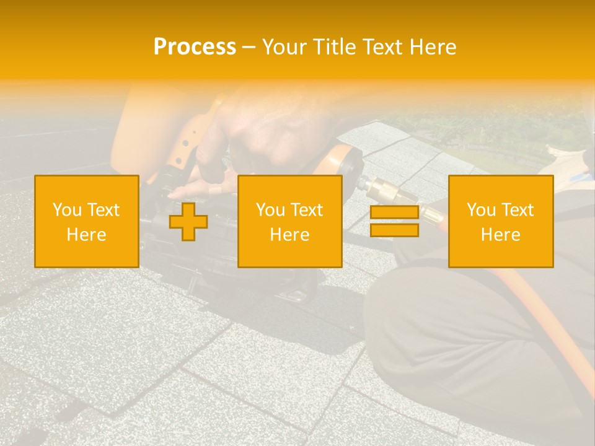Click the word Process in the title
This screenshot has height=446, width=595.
(195, 47)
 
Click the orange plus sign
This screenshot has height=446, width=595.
(188, 222)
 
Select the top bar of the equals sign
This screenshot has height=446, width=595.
(394, 212)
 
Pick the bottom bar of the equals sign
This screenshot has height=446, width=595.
(394, 230)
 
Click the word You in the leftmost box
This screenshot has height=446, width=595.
(66, 210)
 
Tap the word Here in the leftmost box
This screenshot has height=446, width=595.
(86, 235)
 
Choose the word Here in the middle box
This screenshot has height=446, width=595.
(289, 235)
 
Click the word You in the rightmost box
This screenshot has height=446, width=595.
(481, 210)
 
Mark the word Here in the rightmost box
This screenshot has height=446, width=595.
(500, 235)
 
